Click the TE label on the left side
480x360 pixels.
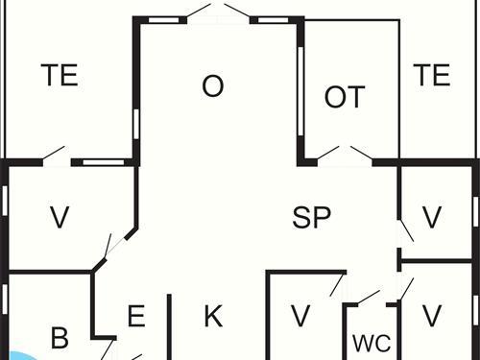(60, 76)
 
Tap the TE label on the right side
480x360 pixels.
(431, 75)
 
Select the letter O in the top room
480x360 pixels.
(212, 86)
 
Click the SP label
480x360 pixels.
(311, 217)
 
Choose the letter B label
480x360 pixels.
(60, 338)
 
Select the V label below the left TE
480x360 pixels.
(60, 218)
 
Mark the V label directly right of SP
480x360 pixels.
(431, 217)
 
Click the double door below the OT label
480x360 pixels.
(346, 154)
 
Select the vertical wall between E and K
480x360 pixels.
(170, 326)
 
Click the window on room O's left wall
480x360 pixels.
(137, 125)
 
